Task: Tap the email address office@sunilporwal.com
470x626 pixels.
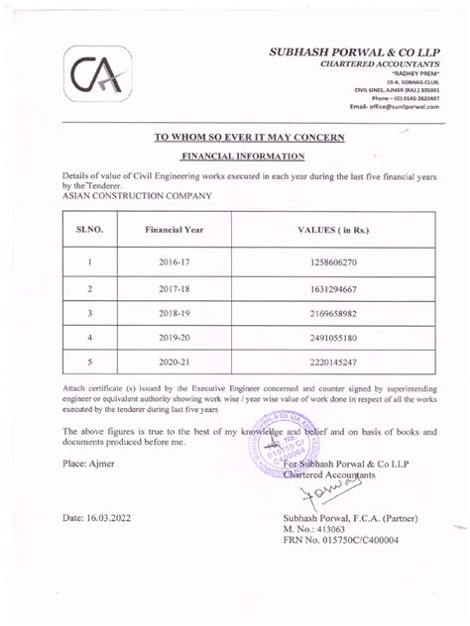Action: coord(393,108)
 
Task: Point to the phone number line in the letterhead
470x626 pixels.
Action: coord(401,99)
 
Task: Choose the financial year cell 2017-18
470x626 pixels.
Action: coord(174,290)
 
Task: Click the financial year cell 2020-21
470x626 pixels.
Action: coord(174,363)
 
